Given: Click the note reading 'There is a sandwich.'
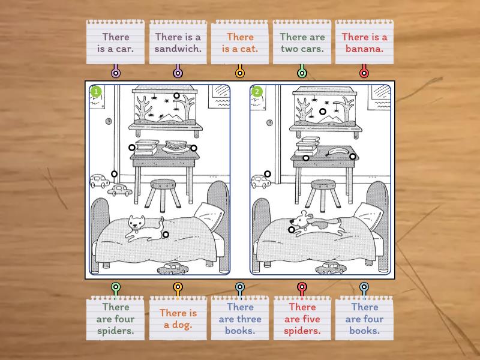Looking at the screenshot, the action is point(178,42).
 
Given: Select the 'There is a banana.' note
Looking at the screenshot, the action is point(364,42).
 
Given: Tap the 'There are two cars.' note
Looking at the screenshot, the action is point(302,42).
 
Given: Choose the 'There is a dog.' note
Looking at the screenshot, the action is point(178,318).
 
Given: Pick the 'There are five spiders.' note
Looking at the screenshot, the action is point(302,318).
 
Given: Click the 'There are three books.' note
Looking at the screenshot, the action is point(240,318).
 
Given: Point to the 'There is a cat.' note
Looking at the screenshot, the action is point(240,42).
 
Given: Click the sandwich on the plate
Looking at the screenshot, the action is point(176,145).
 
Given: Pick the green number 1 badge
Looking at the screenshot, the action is point(96,91).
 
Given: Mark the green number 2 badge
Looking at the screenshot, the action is point(257,91).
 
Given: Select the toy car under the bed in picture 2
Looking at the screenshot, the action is point(331,268).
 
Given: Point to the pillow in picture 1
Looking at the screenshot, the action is point(209,215).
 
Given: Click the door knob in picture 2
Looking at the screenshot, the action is point(269,123).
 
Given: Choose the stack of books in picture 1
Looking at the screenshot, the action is point(147,147).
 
